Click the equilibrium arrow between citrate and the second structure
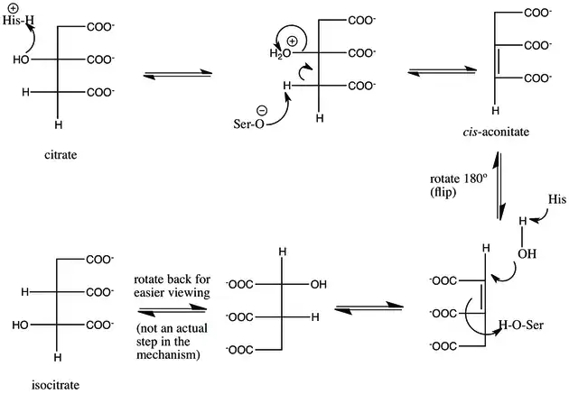[x=173, y=73]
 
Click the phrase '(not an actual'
[x=171, y=325]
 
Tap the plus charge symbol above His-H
[x=14, y=5]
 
